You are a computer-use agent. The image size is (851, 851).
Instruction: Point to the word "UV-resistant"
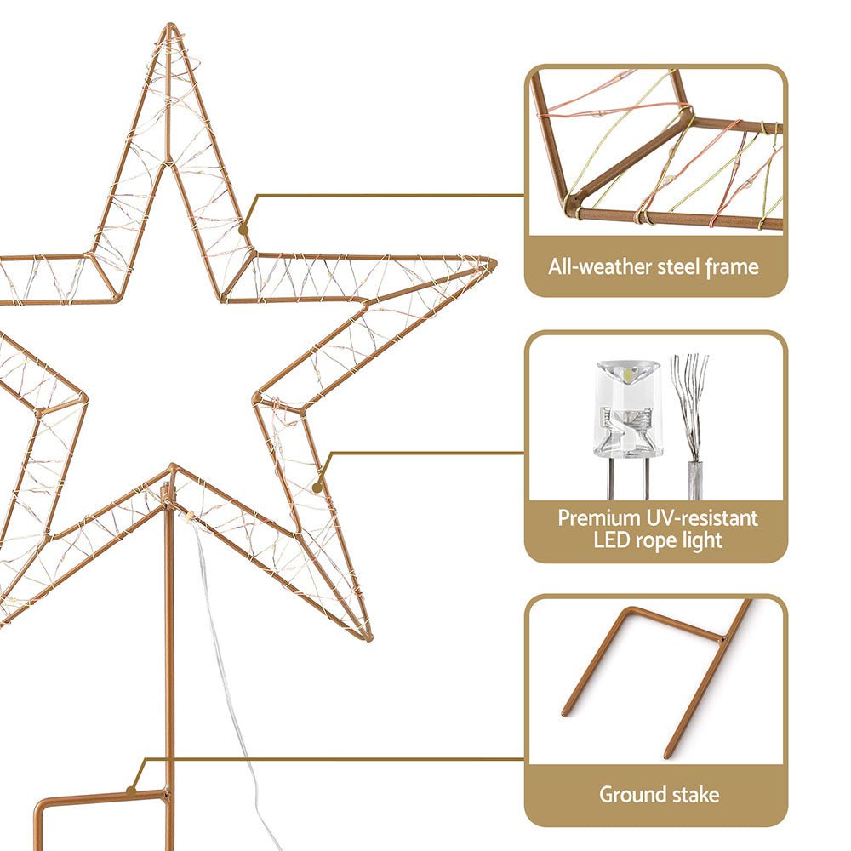pos(700,517)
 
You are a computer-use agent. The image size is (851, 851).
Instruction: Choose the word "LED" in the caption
pos(610,540)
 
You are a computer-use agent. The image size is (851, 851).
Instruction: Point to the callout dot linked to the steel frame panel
pos(244,229)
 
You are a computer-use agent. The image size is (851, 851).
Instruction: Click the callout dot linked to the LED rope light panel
pos(317,488)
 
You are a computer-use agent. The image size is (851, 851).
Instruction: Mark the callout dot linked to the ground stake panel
pos(132,791)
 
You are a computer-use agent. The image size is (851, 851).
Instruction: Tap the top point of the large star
pos(170,27)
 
